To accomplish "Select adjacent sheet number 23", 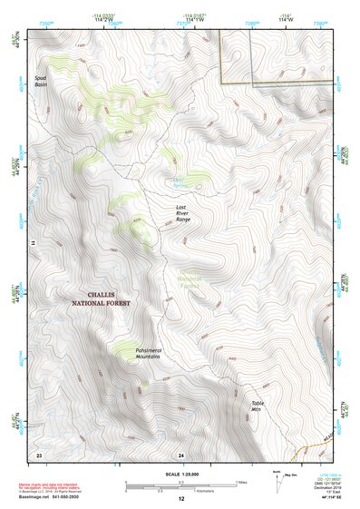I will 39,453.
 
